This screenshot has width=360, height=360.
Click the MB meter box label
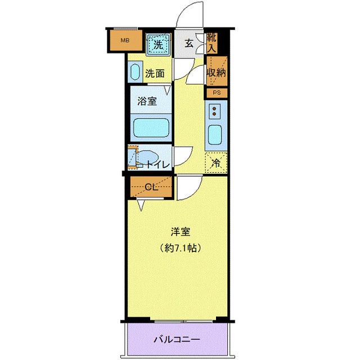pyautogui.click(x=125, y=40)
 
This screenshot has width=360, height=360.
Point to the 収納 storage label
pyautogui.click(x=216, y=72)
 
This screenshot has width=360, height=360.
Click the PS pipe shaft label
pyautogui.click(x=216, y=92)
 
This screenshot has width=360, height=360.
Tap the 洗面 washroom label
pyautogui.click(x=154, y=73)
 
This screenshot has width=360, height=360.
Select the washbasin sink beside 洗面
pyautogui.click(x=135, y=73)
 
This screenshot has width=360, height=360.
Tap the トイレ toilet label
pyautogui.click(x=158, y=165)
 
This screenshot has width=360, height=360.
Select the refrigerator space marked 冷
pyautogui.click(x=216, y=164)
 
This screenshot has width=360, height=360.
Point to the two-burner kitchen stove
pyautogui.click(x=216, y=112)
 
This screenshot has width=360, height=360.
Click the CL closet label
pyautogui.click(x=150, y=187)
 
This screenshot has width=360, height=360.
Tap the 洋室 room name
pyautogui.click(x=181, y=231)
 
